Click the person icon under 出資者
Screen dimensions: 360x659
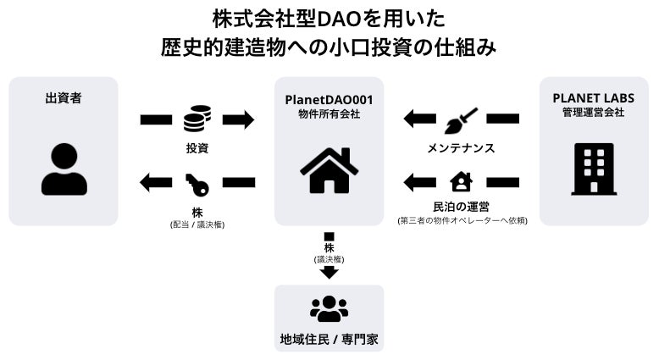click(64, 169)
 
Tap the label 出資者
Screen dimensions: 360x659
click(64, 98)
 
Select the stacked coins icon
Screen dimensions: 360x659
click(197, 119)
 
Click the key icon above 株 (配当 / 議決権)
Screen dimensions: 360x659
click(197, 182)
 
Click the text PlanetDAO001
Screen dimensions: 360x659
click(329, 99)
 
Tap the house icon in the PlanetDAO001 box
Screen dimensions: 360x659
click(329, 169)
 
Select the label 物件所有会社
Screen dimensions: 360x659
click(329, 114)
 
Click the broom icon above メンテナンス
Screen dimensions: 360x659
click(461, 119)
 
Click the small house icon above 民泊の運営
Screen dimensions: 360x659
click(461, 182)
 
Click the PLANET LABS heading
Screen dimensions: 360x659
click(593, 98)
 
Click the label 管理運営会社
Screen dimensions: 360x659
click(593, 113)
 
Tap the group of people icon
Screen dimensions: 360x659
click(329, 308)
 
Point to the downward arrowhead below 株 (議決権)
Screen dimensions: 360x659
click(329, 273)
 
